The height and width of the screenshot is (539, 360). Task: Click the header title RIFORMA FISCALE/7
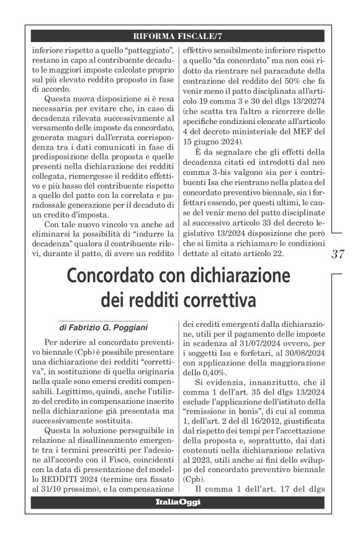pyautogui.click(x=179, y=35)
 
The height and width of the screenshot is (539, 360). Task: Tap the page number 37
pyautogui.click(x=338, y=254)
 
